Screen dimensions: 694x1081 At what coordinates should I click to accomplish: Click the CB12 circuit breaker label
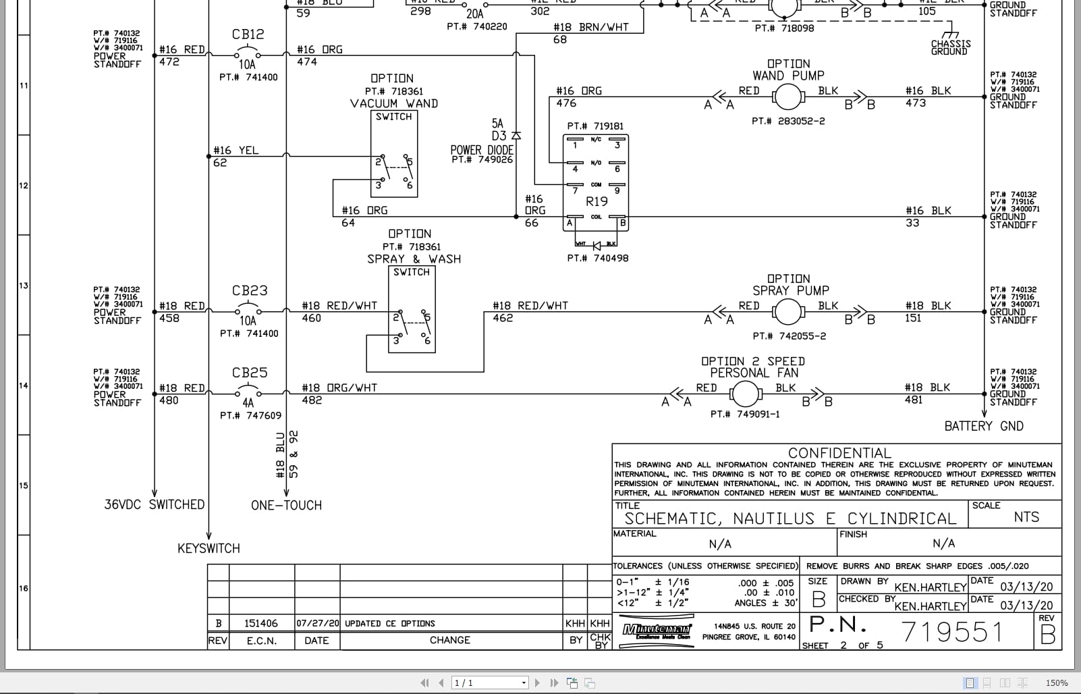pyautogui.click(x=248, y=34)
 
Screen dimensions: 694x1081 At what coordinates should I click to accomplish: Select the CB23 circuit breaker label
pyautogui.click(x=250, y=291)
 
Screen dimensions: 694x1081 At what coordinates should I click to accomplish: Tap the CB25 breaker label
pyautogui.click(x=250, y=373)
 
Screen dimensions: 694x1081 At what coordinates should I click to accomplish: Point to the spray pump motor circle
pyautogui.click(x=787, y=313)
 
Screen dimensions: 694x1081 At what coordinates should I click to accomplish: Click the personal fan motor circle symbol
pyautogui.click(x=745, y=394)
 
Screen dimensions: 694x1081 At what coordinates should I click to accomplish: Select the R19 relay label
pyautogui.click(x=597, y=201)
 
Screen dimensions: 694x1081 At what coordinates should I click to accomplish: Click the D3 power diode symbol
pyautogui.click(x=516, y=136)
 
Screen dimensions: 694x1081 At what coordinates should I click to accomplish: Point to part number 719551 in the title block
pyautogui.click(x=952, y=632)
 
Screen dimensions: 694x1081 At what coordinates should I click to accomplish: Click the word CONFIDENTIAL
pyautogui.click(x=839, y=453)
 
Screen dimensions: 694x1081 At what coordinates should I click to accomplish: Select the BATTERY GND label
pyautogui.click(x=983, y=426)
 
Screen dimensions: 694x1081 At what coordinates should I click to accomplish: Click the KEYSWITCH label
pyautogui.click(x=209, y=548)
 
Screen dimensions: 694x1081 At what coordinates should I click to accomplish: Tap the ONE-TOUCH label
pyautogui.click(x=286, y=505)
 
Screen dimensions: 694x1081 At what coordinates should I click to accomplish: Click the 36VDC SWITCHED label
pyautogui.click(x=154, y=504)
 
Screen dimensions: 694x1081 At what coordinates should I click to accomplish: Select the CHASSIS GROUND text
pyautogui.click(x=950, y=47)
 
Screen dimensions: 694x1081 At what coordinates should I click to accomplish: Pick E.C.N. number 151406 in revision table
pyautogui.click(x=260, y=623)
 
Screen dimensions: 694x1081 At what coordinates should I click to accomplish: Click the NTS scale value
pyautogui.click(x=1026, y=517)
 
